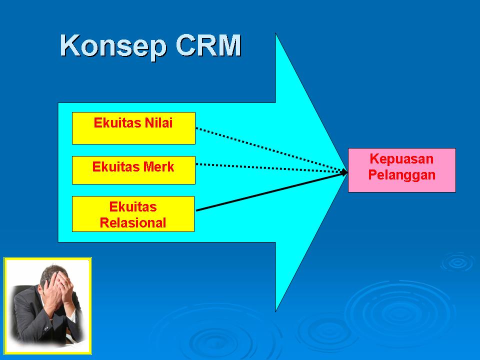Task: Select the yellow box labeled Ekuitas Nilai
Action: point(133,128)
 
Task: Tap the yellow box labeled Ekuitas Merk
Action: point(133,170)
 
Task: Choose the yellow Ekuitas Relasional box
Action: point(133,214)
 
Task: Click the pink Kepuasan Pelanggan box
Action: point(401,170)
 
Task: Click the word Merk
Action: point(158,166)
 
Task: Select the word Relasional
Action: point(133,223)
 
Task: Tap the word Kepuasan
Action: point(401,159)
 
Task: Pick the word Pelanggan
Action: point(401,175)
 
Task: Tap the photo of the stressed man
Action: point(47,302)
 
